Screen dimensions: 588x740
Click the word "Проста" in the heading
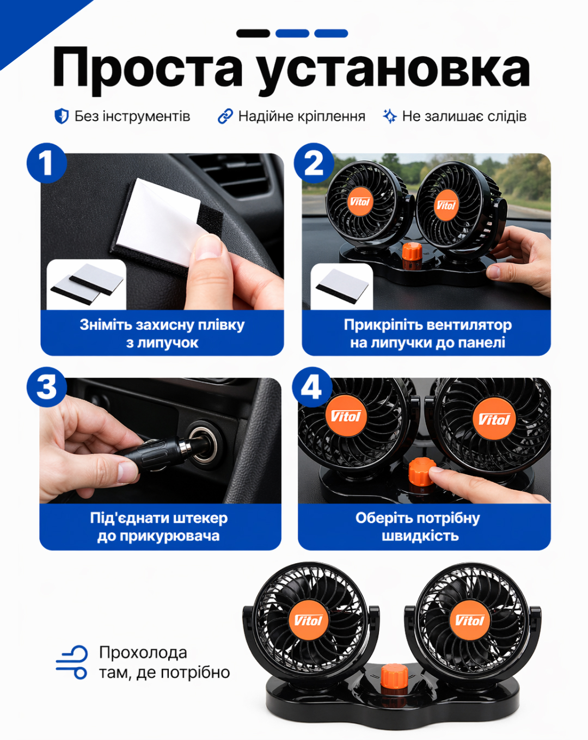[x=147, y=67]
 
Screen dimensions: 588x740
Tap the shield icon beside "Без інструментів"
[x=62, y=116]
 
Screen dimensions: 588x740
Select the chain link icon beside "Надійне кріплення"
[x=225, y=116]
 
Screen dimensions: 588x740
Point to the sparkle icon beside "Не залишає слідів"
[x=390, y=116]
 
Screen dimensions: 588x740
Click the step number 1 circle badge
[x=47, y=163]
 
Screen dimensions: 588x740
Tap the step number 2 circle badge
[x=314, y=163]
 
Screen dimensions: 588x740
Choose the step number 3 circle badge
[x=47, y=387]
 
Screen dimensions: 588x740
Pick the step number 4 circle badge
[x=312, y=387]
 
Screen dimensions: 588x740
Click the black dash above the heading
[x=253, y=33]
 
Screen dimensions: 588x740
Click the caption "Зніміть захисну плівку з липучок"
[x=162, y=334]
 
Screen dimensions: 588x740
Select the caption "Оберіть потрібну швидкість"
[x=418, y=527]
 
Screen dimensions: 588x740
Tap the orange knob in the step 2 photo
[x=412, y=251]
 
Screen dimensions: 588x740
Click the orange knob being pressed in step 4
[x=421, y=472]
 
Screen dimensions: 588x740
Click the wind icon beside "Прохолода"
[x=71, y=662]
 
